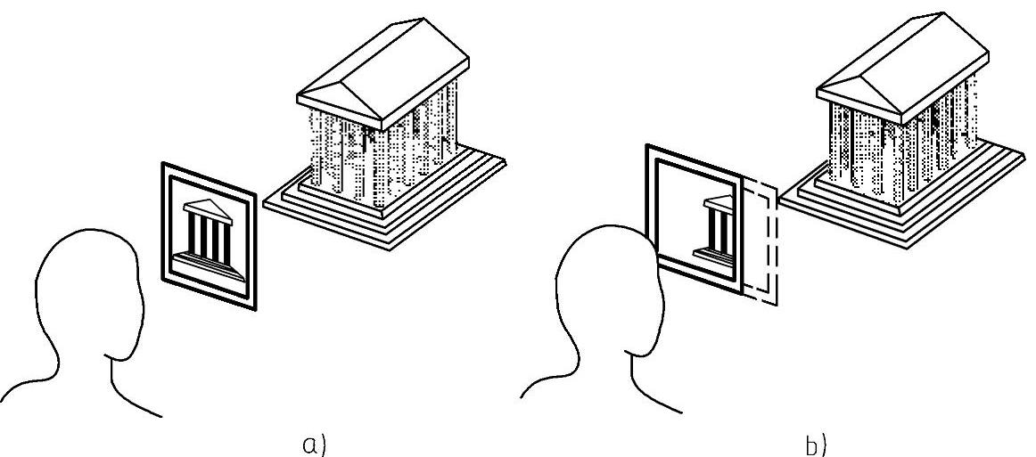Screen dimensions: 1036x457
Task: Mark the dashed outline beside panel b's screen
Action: pyautogui.click(x=762, y=241)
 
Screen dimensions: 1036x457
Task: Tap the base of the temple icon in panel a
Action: pyautogui.click(x=210, y=264)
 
